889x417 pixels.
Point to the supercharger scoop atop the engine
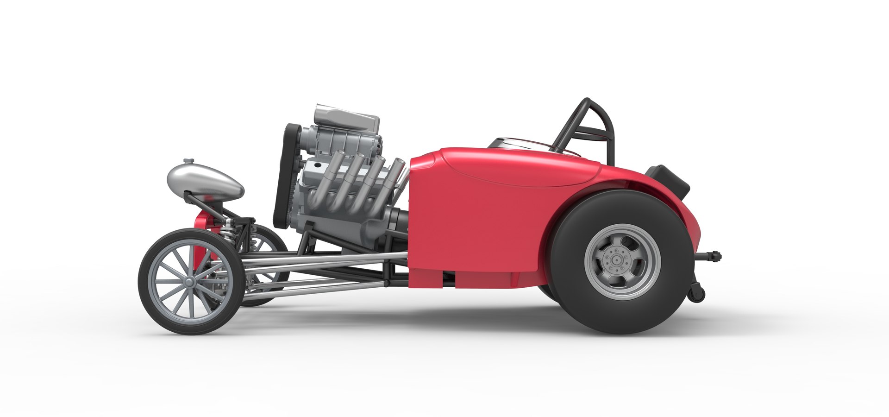[x=347, y=117]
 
